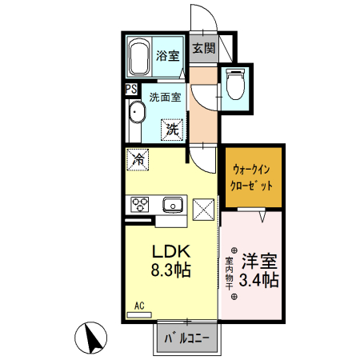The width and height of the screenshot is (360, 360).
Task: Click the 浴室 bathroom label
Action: (x=167, y=56)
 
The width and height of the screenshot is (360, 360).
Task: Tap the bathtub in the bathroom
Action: (x=140, y=57)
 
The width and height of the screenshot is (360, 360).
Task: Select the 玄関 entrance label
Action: (x=203, y=48)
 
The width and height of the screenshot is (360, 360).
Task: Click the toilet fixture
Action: (x=236, y=85)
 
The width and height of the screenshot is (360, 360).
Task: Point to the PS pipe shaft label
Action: (x=130, y=90)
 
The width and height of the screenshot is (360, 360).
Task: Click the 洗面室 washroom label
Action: (x=165, y=97)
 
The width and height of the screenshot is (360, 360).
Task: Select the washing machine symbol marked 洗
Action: (x=172, y=126)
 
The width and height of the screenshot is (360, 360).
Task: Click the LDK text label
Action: (x=170, y=250)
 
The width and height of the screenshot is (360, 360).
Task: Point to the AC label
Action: (x=139, y=305)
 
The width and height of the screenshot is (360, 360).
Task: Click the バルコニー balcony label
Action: (x=187, y=338)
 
